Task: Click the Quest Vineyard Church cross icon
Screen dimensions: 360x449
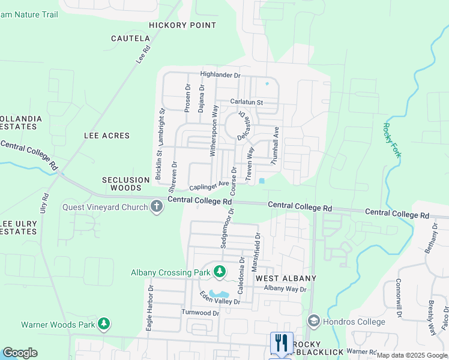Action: click(157, 207)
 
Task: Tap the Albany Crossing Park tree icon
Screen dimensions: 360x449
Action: click(220, 272)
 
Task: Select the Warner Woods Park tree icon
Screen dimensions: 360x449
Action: click(104, 325)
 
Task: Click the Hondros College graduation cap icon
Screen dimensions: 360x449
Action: click(313, 322)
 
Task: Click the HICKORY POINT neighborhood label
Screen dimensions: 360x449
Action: click(182, 25)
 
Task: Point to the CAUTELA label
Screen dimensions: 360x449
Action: click(130, 38)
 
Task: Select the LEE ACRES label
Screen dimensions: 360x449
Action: click(107, 136)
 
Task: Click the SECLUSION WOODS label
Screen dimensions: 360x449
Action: click(125, 184)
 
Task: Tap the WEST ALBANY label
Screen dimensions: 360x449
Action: click(286, 279)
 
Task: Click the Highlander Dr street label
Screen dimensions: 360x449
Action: click(220, 75)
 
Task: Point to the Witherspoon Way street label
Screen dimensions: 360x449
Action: click(214, 131)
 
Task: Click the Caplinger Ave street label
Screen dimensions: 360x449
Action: click(209, 186)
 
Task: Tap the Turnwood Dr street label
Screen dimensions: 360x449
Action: click(200, 313)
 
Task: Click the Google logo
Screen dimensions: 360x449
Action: click(20, 353)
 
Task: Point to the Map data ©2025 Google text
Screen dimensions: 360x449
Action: click(411, 355)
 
